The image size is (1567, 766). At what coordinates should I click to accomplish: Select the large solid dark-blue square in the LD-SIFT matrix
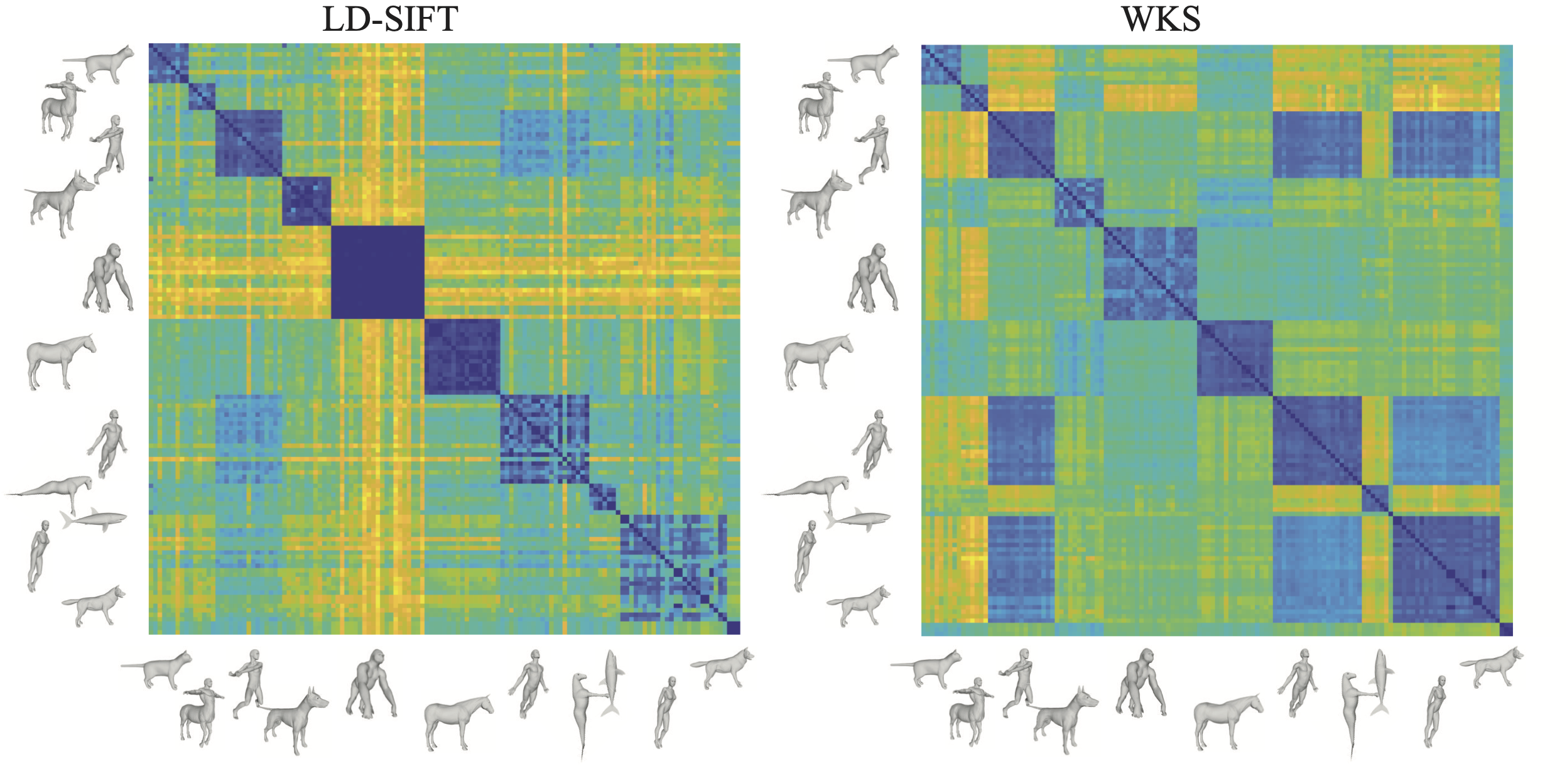(377, 272)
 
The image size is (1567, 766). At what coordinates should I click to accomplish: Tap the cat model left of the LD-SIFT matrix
(104, 63)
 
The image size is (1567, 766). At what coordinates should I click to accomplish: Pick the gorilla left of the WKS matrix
(873, 279)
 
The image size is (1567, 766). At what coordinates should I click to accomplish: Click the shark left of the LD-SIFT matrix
(94, 518)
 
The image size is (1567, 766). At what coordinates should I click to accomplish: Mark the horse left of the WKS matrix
(816, 361)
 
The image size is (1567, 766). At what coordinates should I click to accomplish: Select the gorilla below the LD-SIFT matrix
(372, 683)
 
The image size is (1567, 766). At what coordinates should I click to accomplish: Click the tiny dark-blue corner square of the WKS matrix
(1505, 629)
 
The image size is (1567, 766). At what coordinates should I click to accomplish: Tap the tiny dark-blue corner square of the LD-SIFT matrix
(733, 628)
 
